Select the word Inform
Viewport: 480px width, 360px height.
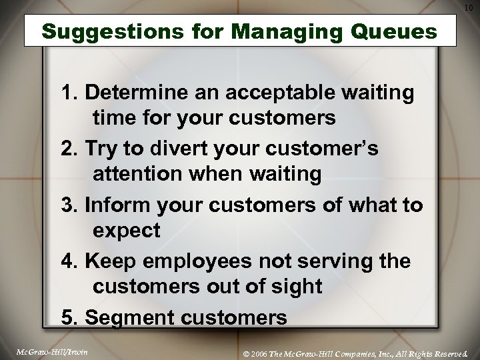pyautogui.click(x=113, y=205)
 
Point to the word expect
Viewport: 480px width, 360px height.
pyautogui.click(x=126, y=231)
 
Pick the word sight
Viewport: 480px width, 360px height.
pyautogui.click(x=297, y=287)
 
